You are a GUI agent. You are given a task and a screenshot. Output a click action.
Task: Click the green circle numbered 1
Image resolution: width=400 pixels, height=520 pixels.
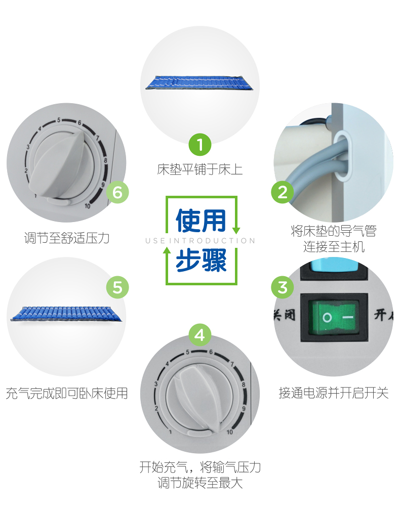(200, 145)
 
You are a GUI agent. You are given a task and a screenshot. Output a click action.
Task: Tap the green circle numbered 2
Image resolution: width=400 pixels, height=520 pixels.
(283, 192)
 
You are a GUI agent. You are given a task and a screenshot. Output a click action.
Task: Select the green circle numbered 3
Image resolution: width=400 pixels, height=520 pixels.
(283, 287)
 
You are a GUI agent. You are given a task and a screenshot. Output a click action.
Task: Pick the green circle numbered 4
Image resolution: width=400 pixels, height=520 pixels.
(200, 335)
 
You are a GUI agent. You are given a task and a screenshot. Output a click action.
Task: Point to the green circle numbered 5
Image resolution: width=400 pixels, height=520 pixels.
(117, 287)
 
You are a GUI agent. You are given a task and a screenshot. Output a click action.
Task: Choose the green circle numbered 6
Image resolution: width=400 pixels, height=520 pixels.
(117, 192)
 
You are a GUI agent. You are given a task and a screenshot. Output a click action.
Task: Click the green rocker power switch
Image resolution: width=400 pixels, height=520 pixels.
(334, 317)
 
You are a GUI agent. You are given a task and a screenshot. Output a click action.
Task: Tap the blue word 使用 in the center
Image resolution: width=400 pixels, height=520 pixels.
(201, 221)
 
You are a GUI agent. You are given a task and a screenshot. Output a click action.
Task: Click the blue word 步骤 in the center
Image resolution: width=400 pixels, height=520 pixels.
(201, 261)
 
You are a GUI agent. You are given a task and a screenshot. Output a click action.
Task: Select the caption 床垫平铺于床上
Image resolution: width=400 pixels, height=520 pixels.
(200, 169)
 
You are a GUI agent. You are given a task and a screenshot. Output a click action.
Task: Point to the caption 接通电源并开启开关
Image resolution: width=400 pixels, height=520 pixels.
(334, 393)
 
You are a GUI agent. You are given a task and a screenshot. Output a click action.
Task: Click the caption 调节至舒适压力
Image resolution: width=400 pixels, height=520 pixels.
(67, 238)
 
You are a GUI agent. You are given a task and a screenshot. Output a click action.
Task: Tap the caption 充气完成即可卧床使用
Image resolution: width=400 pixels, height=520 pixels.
(67, 394)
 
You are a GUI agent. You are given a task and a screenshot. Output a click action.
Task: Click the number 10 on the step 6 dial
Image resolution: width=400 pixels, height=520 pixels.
(87, 206)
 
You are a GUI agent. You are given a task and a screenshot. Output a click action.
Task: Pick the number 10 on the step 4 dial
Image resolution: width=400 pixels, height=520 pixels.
(230, 432)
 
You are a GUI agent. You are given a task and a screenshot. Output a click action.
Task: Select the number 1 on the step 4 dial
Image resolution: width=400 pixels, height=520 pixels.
(170, 432)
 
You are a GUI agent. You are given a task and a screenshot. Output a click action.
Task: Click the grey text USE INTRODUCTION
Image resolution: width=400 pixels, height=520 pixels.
(200, 241)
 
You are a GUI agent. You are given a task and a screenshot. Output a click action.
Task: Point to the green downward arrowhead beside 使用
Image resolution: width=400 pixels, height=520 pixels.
(236, 231)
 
